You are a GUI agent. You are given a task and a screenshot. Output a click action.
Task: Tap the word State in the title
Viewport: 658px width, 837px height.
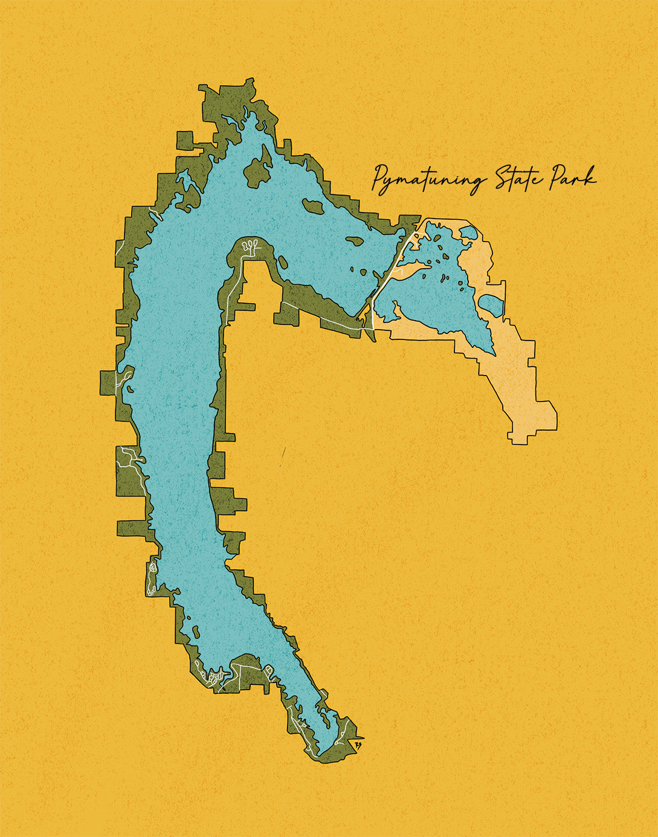click(x=517, y=179)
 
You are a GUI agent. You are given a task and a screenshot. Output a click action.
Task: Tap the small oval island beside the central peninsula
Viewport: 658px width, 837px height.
click(x=282, y=262)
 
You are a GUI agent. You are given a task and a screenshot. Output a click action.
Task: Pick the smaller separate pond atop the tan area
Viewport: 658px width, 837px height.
click(x=469, y=232)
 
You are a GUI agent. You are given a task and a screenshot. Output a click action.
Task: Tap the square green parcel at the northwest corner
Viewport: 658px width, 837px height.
click(x=185, y=140)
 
